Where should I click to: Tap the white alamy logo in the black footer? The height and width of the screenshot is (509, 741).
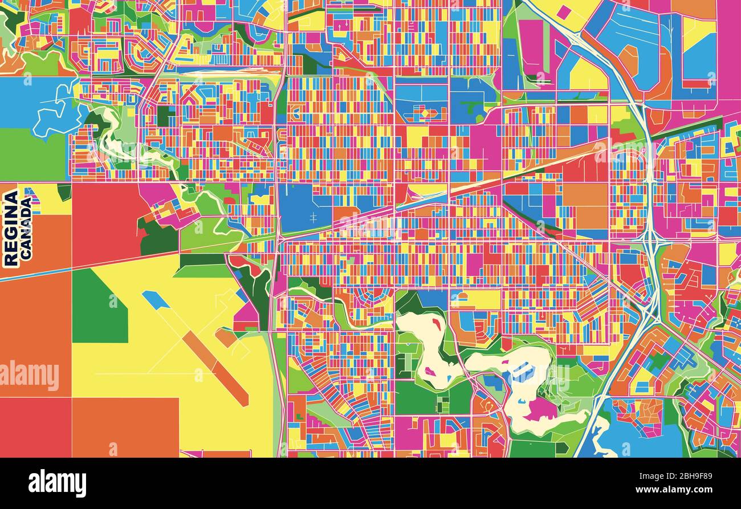tap(57, 483)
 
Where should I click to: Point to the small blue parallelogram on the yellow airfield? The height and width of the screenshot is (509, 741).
tap(156, 300)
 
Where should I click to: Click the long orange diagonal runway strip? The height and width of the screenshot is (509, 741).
tap(215, 368)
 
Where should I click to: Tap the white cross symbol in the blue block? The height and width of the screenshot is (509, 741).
tap(313, 217)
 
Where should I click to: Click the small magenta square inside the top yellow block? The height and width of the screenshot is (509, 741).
tap(563, 12)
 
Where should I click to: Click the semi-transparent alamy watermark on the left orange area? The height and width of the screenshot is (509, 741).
tap(30, 376)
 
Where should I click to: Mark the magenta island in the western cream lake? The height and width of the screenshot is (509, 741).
tap(430, 372)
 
